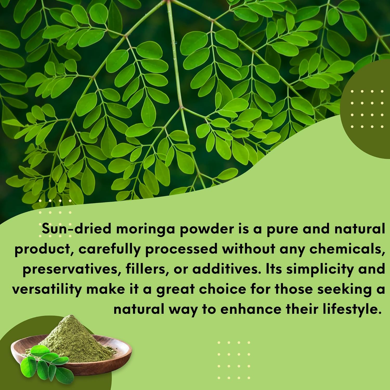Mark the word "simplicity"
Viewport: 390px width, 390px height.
[x=320, y=269]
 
